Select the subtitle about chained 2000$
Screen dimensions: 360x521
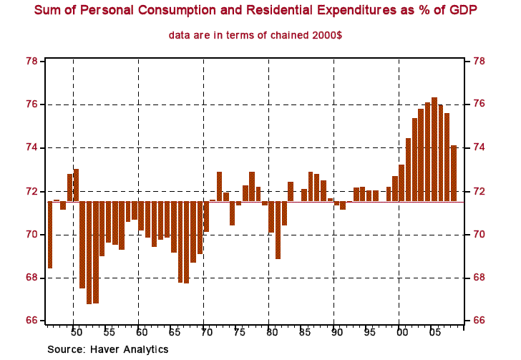pyautogui.click(x=255, y=35)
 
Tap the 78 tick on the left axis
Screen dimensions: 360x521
pyautogui.click(x=31, y=61)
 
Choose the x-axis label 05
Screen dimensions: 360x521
pyautogui.click(x=434, y=333)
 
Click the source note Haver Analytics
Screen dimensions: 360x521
pyautogui.click(x=108, y=349)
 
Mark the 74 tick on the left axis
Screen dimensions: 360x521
pyautogui.click(x=31, y=148)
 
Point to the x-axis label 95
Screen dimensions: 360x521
pyautogui.click(x=369, y=333)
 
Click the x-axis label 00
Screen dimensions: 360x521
pyautogui.click(x=401, y=333)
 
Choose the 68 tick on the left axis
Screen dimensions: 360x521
pyautogui.click(x=31, y=278)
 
